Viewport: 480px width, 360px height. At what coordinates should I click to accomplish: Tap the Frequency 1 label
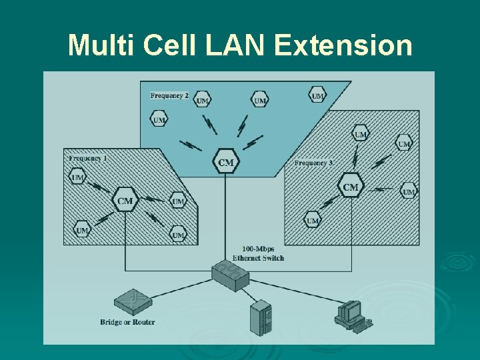(87, 159)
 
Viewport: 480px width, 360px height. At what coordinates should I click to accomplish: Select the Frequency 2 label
(169, 95)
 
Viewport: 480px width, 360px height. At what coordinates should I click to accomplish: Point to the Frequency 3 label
(313, 163)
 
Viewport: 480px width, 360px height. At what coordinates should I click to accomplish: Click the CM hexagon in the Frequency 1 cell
(125, 201)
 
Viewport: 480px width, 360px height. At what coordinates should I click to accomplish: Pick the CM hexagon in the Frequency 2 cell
(226, 162)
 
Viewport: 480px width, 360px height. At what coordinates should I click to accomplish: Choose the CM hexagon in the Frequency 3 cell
(351, 187)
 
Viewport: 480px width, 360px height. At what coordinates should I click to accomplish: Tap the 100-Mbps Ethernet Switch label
(258, 253)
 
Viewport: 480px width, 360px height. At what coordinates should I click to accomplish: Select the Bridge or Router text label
(127, 323)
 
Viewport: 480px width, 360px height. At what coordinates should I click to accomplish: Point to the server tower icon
(261, 317)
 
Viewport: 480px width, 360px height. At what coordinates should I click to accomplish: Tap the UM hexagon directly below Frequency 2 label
(159, 120)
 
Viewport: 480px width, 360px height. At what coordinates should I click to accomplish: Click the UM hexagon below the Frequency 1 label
(78, 177)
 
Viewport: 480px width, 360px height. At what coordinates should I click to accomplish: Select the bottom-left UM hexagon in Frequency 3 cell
(313, 219)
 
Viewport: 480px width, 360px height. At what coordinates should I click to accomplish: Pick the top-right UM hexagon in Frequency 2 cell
(318, 95)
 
